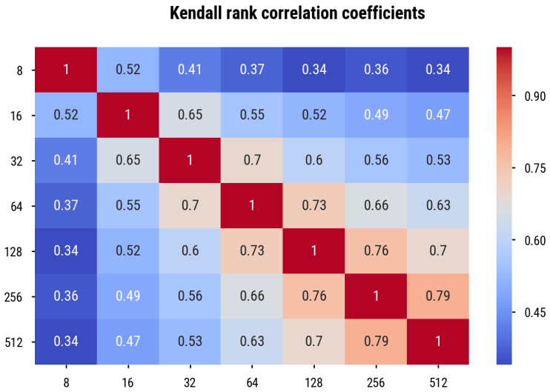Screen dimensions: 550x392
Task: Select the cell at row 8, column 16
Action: tap(128, 70)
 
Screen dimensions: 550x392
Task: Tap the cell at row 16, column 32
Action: tap(190, 115)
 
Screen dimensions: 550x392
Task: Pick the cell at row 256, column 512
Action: tap(438, 296)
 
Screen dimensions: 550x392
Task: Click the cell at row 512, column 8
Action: tap(66, 342)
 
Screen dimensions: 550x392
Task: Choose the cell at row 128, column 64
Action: tap(252, 251)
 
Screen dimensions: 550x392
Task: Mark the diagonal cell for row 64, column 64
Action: tap(252, 206)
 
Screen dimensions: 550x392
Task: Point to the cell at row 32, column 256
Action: tap(376, 160)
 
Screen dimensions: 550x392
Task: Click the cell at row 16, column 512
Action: tap(438, 115)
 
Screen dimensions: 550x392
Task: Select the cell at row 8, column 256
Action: tap(376, 70)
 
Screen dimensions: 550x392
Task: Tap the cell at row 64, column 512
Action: tap(438, 206)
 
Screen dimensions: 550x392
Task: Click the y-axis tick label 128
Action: tap(13, 252)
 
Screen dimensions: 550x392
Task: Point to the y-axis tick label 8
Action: tap(19, 70)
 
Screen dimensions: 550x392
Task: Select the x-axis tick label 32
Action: tap(190, 382)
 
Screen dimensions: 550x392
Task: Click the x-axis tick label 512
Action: tap(438, 382)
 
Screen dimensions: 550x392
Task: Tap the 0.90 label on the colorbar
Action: tap(535, 96)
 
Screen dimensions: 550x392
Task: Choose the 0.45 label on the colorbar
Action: tap(535, 313)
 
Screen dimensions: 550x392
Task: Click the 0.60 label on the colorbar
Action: tap(535, 241)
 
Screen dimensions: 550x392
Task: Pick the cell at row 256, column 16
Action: tap(128, 296)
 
